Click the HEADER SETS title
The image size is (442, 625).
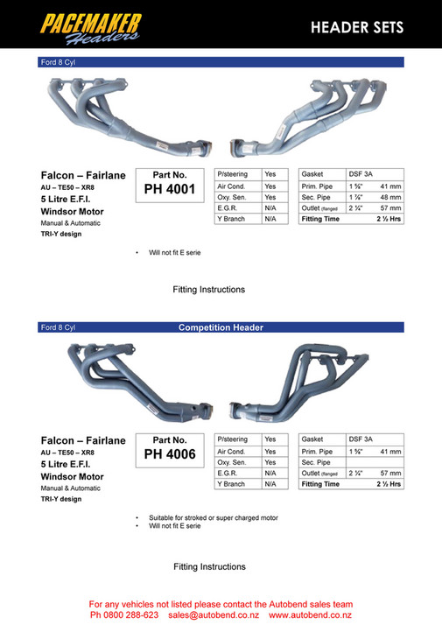point(357,28)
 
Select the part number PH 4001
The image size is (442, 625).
point(170,189)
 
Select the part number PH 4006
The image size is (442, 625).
point(170,454)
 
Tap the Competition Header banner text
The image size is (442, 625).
point(221,327)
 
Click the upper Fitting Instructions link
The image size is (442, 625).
point(209,289)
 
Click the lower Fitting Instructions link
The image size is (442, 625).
point(209,566)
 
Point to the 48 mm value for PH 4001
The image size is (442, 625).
point(390,197)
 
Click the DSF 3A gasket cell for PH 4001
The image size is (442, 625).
point(361,174)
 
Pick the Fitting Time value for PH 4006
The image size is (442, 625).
point(389,483)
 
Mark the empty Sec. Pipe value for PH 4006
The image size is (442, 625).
point(375,461)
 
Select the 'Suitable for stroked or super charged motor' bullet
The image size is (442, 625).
point(213,517)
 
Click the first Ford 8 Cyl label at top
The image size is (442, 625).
point(58,62)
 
